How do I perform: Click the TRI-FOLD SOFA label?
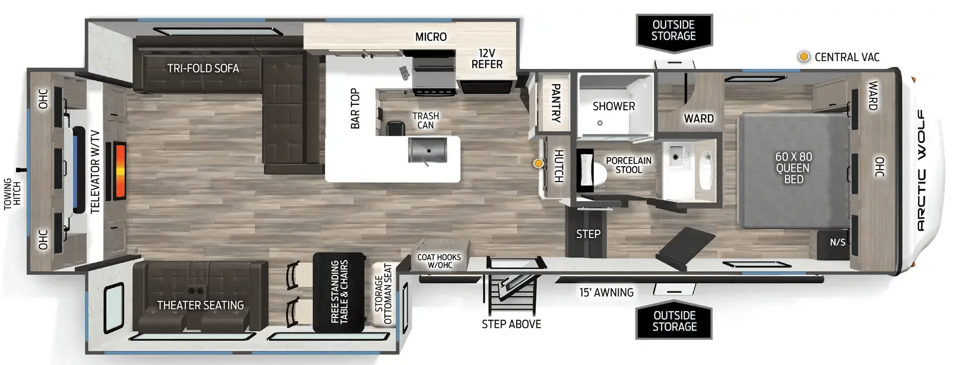[x=202, y=68]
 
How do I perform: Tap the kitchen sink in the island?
[x=428, y=150]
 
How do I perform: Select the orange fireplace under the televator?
[x=120, y=171]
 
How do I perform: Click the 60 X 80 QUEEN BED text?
[x=793, y=168]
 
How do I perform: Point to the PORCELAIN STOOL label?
[x=628, y=165]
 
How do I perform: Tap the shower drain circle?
[x=600, y=123]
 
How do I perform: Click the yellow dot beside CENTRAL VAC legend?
[x=804, y=57]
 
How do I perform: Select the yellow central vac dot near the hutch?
[x=538, y=163]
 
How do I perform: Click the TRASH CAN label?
[x=426, y=120]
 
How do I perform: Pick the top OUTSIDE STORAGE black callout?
[x=674, y=32]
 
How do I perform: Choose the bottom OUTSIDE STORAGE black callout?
[x=674, y=320]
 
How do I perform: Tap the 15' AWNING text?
[x=606, y=293]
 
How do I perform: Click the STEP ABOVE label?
[x=511, y=324]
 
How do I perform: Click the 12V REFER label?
[x=487, y=59]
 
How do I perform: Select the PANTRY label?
[x=555, y=103]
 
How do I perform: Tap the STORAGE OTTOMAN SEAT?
[x=383, y=294]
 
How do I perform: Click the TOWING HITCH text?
[x=12, y=194]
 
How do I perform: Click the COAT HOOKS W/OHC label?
[x=439, y=261]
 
